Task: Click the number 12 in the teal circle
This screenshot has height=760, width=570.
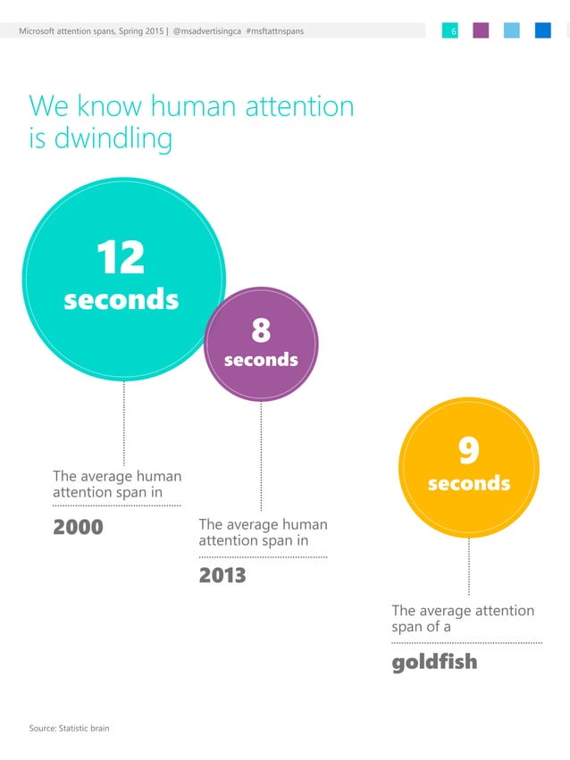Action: pyautogui.click(x=121, y=258)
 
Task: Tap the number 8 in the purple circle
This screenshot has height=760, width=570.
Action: pyautogui.click(x=261, y=331)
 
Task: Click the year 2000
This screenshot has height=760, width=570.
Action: pyautogui.click(x=79, y=527)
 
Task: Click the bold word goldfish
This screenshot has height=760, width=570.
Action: pyautogui.click(x=434, y=662)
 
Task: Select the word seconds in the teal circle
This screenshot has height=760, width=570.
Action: pyautogui.click(x=121, y=299)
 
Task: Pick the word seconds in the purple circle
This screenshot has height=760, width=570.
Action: pyautogui.click(x=261, y=360)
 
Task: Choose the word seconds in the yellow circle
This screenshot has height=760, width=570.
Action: pyautogui.click(x=468, y=483)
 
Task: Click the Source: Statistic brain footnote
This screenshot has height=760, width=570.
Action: pyautogui.click(x=69, y=729)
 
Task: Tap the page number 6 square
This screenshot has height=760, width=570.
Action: pyautogui.click(x=450, y=31)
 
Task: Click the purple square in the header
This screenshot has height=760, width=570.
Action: pyautogui.click(x=481, y=31)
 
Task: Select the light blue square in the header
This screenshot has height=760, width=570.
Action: pyautogui.click(x=512, y=31)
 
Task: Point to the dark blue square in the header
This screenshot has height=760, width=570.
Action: pyautogui.click(x=542, y=31)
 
